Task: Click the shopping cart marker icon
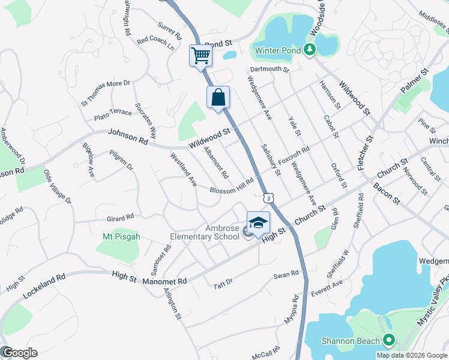coord(200,56)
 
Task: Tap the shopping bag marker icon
coord(218,97)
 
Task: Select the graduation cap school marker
coord(258,223)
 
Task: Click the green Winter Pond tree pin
coord(310,50)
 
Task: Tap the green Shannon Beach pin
coord(389,341)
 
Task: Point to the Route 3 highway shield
coord(268,197)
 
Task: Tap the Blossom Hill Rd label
coord(232,186)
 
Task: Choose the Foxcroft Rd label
coord(294,157)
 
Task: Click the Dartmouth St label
coord(270,70)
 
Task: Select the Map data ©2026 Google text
coord(411,355)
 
